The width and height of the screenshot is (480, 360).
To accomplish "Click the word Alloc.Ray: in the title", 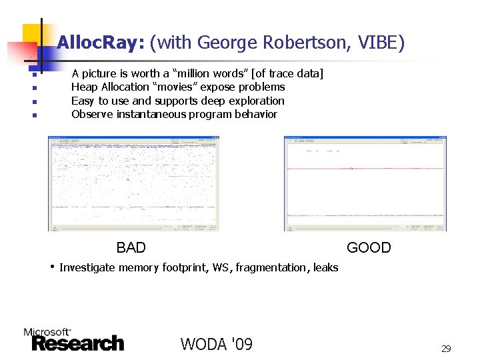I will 100,44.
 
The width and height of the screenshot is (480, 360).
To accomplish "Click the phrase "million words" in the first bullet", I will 210,73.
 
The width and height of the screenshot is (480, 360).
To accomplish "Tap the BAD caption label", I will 131,248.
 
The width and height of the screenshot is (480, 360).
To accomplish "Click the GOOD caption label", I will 369,248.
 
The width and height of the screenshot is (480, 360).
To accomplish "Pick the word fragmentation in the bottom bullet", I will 271,268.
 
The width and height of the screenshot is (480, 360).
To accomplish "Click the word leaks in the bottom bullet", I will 325,268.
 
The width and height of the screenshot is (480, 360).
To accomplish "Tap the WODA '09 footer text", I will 216,344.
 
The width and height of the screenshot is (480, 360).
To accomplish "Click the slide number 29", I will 446,348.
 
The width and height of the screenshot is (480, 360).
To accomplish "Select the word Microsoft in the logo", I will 47,331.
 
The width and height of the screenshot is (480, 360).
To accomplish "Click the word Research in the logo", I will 77,344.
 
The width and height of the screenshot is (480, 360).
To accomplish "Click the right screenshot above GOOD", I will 365,183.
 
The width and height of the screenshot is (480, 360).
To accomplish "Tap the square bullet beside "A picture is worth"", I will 33,75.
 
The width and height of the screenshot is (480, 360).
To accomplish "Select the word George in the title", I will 223,44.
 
